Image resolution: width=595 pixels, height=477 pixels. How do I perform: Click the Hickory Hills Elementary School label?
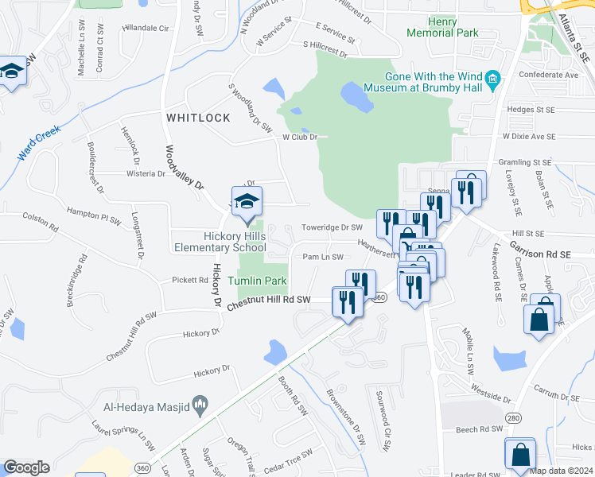point(220,242)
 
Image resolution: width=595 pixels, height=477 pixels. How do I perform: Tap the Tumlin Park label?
point(257,281)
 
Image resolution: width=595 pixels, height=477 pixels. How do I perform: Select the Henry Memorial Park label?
point(442,28)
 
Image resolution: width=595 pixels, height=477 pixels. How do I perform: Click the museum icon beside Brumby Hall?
point(493,78)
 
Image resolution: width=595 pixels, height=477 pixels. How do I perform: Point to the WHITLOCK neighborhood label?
point(198,118)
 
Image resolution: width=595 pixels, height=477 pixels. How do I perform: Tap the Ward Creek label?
point(39,142)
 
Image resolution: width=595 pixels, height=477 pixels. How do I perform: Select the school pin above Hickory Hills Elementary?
point(247,202)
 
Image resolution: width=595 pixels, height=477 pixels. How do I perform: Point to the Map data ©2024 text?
point(561,471)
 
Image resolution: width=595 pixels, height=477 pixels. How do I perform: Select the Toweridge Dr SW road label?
point(332,227)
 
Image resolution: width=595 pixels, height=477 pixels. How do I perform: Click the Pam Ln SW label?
point(323,257)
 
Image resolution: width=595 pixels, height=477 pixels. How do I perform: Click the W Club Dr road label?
point(299,137)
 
